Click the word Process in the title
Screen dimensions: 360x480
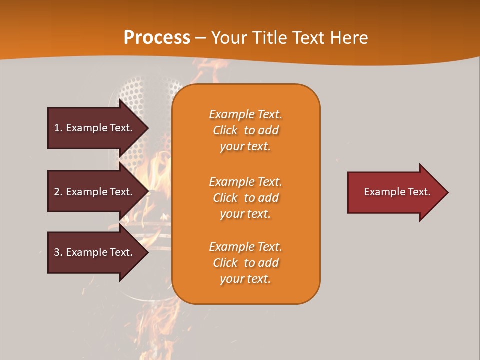157,38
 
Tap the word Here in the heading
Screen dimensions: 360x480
348,38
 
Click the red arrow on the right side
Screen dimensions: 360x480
395,192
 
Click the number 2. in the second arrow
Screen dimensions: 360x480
58,192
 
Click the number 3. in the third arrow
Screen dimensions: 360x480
58,252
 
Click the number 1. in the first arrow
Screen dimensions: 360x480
58,128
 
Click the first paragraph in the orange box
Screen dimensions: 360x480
245,130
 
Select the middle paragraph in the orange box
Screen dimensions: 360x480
245,198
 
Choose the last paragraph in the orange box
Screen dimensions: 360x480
245,263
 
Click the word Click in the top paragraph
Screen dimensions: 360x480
225,130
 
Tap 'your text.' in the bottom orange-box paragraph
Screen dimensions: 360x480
245,279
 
